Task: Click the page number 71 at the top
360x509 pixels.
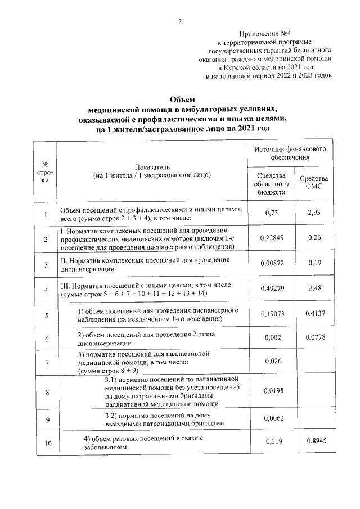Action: pos(181,22)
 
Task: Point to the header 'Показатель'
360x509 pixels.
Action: pos(152,168)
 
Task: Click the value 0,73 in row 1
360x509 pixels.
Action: pos(272,214)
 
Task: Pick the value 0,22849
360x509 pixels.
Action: pos(272,239)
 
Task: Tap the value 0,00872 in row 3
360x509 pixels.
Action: pos(272,264)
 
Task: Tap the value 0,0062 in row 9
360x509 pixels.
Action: pos(272,419)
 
